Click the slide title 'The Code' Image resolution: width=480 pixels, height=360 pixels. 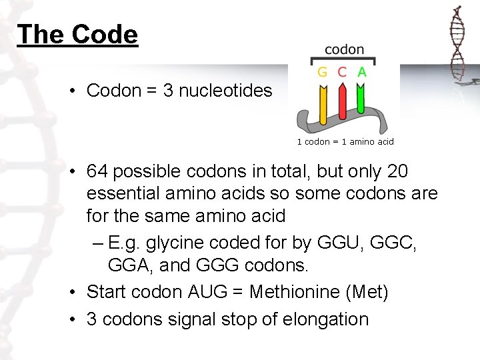click(x=77, y=34)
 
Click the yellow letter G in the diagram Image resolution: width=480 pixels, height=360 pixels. click(x=322, y=72)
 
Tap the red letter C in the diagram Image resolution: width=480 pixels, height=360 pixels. click(x=342, y=72)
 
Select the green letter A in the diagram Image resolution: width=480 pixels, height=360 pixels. click(x=362, y=72)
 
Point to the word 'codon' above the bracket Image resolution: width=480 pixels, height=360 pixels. click(x=344, y=49)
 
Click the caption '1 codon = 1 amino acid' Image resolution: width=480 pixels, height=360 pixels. click(x=345, y=141)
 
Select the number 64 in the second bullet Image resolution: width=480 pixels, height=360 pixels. click(x=97, y=172)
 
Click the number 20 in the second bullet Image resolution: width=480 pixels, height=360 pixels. click(x=397, y=172)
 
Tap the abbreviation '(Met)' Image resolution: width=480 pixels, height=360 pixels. click(x=366, y=292)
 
